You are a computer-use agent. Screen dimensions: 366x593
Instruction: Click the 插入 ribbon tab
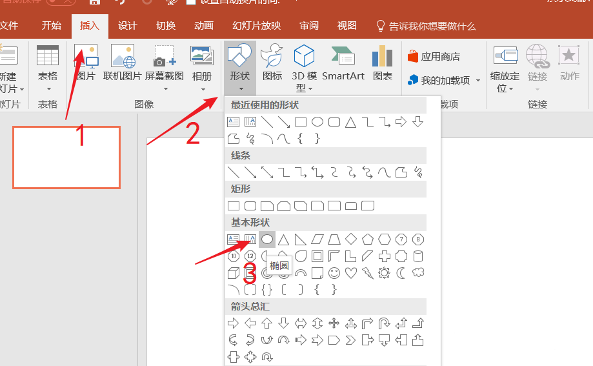pyautogui.click(x=90, y=26)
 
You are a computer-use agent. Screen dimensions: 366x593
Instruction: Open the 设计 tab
pyautogui.click(x=128, y=26)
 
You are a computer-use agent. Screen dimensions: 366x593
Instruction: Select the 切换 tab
pyautogui.click(x=166, y=26)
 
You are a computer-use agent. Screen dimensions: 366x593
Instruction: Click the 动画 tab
pyautogui.click(x=204, y=26)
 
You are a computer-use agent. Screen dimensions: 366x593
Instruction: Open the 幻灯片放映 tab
pyautogui.click(x=256, y=26)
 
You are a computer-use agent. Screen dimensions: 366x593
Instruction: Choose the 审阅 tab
pyautogui.click(x=309, y=26)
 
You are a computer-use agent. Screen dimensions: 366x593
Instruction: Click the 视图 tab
pyautogui.click(x=347, y=26)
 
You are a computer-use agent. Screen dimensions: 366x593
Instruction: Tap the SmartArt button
pyautogui.click(x=343, y=65)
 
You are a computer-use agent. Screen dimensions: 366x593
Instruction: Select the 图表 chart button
pyautogui.click(x=383, y=65)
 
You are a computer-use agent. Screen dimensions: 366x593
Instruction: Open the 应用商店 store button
pyautogui.click(x=434, y=57)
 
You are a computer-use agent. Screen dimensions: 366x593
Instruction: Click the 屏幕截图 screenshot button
pyautogui.click(x=165, y=65)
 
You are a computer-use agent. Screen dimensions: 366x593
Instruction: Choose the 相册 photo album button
pyautogui.click(x=202, y=65)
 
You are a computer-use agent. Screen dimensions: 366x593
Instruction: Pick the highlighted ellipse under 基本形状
pyautogui.click(x=266, y=239)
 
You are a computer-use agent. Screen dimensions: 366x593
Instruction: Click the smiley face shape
pyautogui.click(x=334, y=273)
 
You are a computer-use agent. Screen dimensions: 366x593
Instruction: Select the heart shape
pyautogui.click(x=351, y=273)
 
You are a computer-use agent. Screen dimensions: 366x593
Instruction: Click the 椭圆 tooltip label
pyautogui.click(x=279, y=265)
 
